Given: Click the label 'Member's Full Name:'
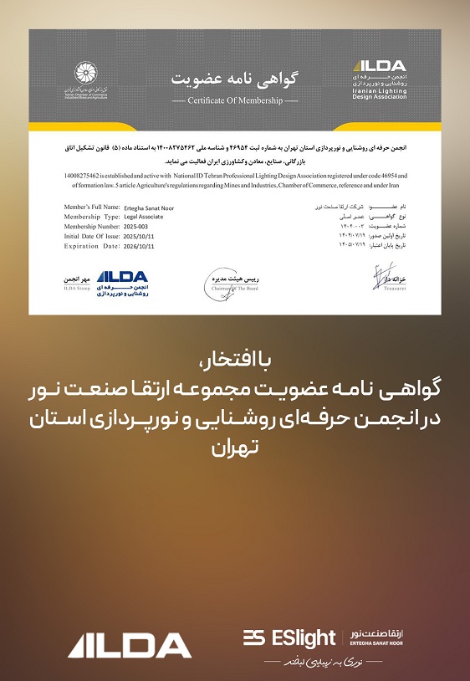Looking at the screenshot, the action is pyautogui.click(x=94, y=206).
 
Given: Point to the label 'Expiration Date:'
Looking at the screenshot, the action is pyautogui.click(x=94, y=246).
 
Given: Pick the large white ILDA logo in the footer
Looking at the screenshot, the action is pyautogui.click(x=130, y=643).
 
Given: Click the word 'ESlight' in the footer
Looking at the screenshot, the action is pyautogui.click(x=303, y=638).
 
